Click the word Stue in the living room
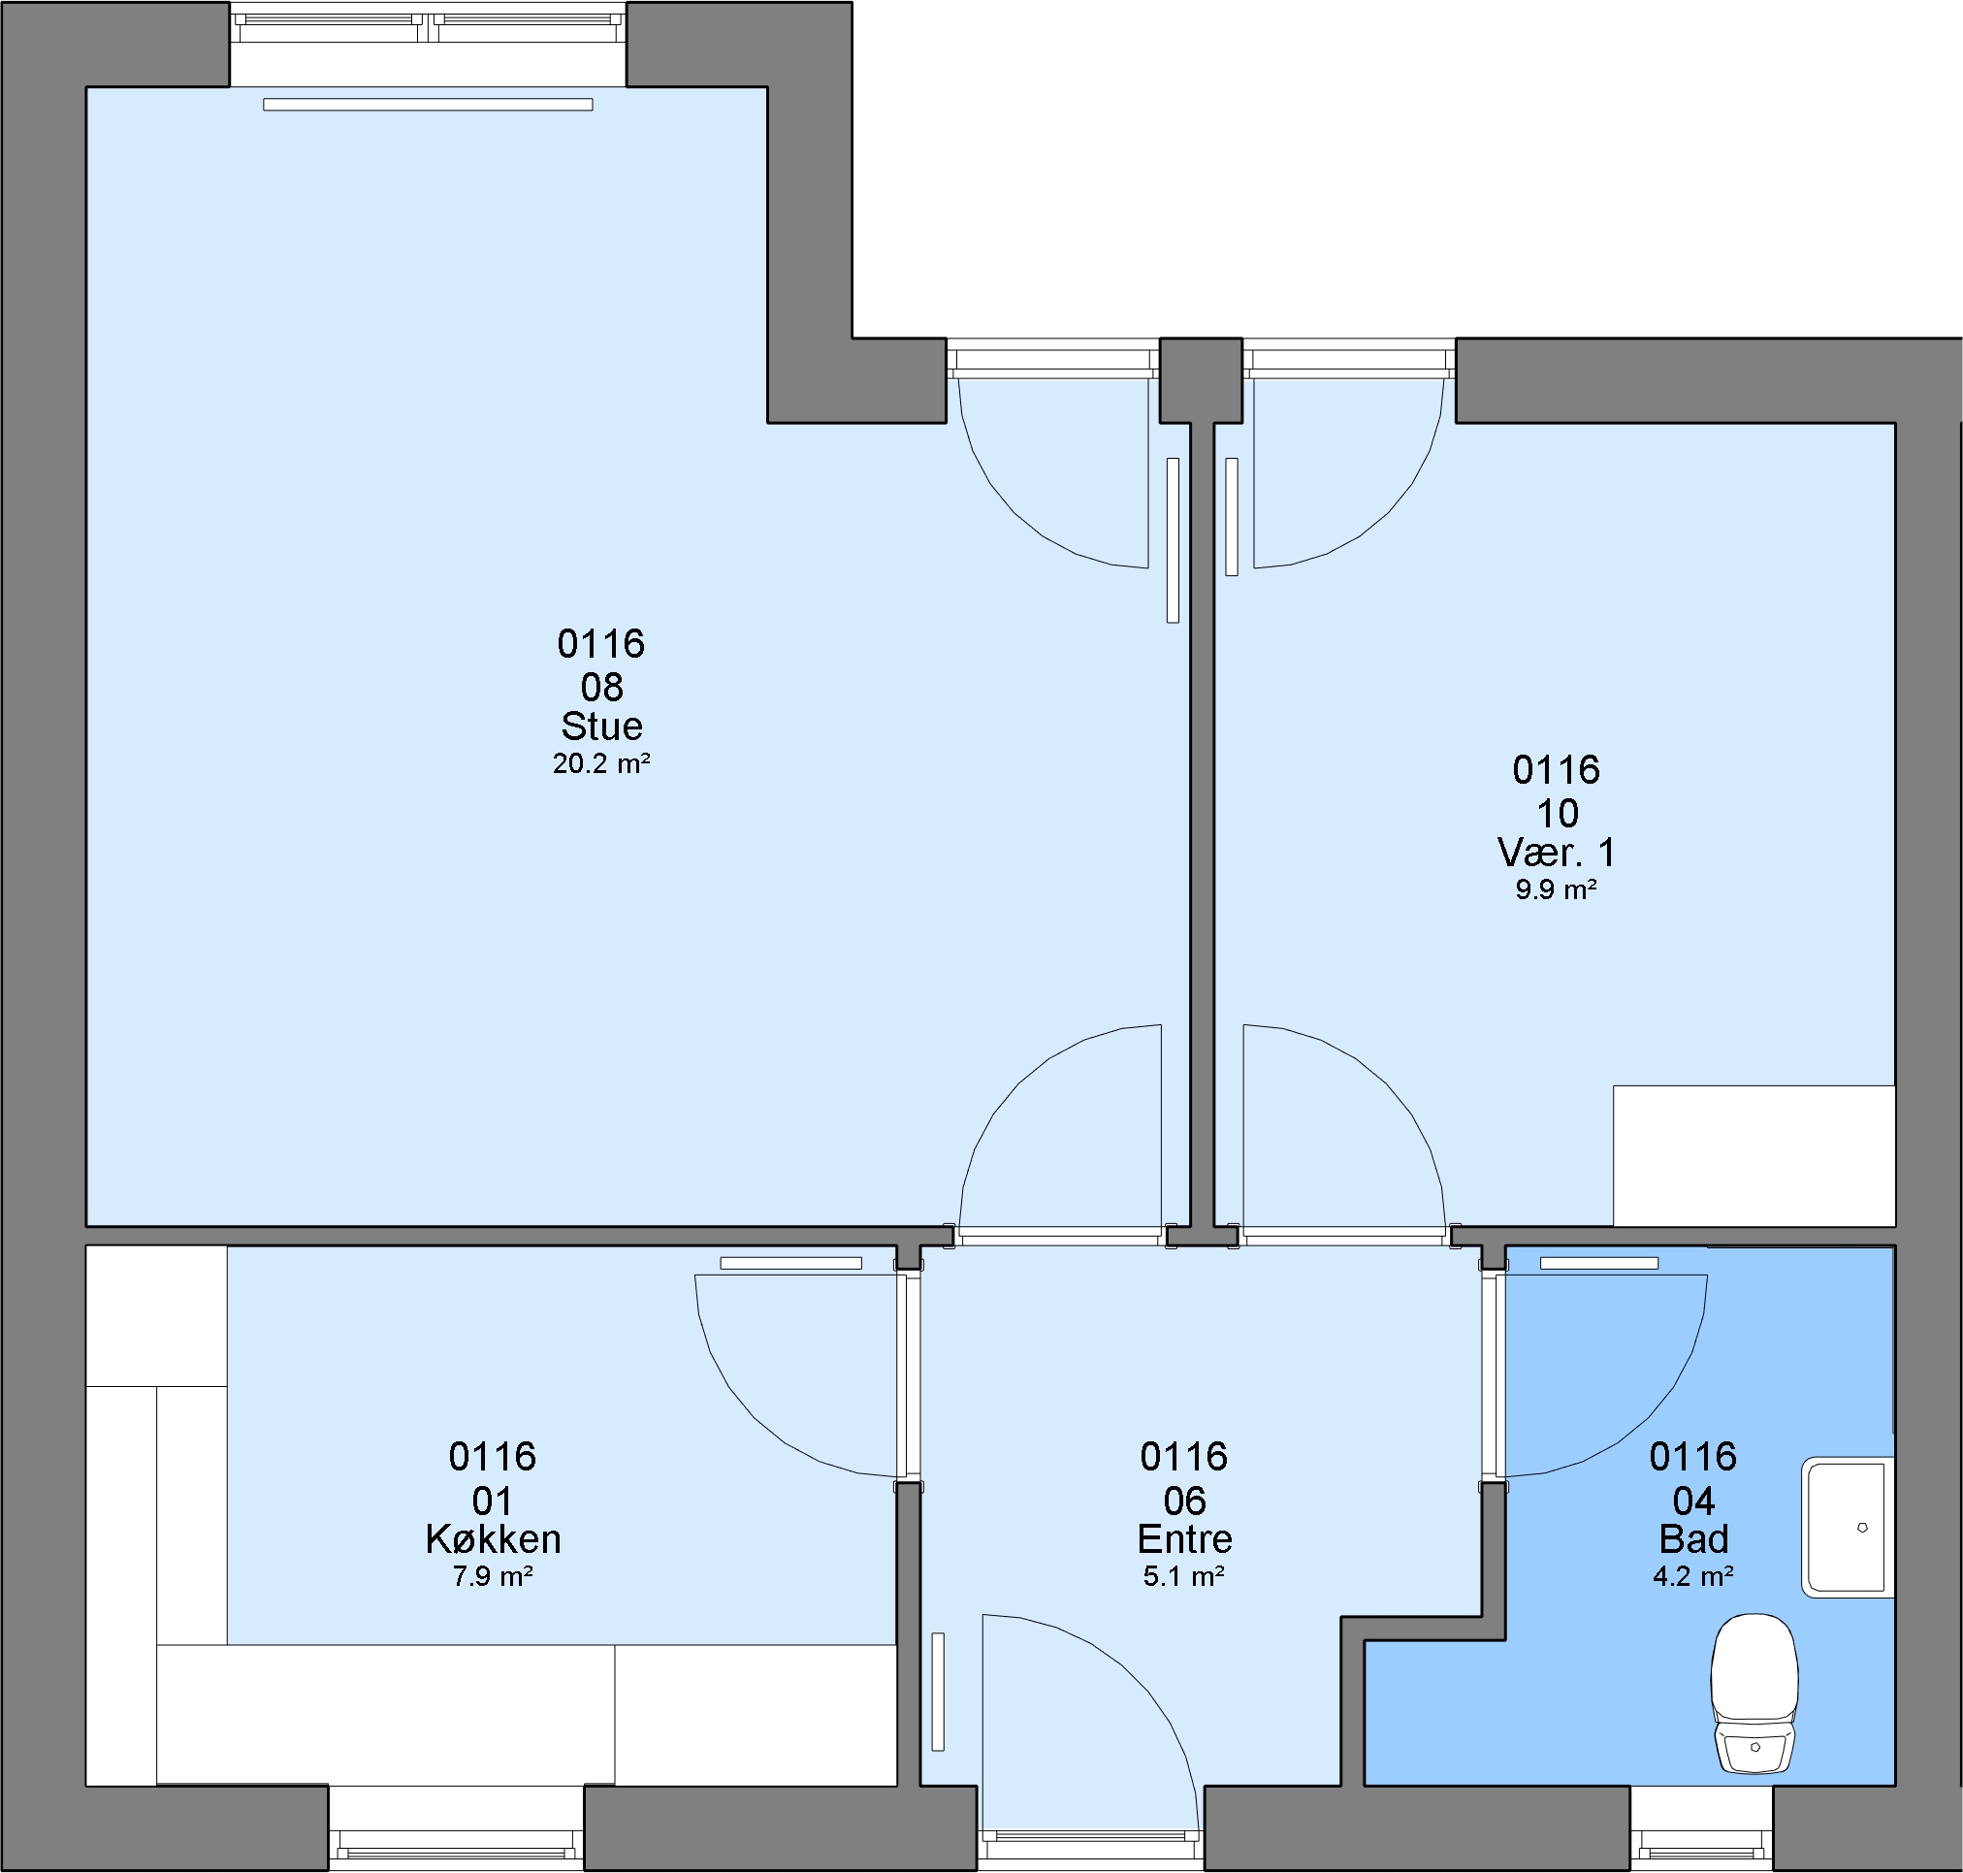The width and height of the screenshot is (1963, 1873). point(601,726)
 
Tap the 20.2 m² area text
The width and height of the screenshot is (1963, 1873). point(601,763)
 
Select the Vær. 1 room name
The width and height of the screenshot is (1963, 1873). point(1556,852)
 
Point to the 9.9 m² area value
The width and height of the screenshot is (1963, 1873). point(1556,889)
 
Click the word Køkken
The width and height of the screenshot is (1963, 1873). point(493,1538)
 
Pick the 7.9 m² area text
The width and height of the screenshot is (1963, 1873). point(493,1576)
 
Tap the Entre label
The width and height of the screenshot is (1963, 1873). point(1184,1538)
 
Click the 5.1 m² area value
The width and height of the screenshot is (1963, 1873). point(1184,1576)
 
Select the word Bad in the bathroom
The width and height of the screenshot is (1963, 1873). point(1693,1538)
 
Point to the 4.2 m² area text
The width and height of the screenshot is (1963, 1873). point(1693,1576)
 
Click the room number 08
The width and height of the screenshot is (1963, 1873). point(601,687)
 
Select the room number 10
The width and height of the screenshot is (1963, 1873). point(1557,814)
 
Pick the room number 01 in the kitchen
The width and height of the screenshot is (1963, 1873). point(493,1501)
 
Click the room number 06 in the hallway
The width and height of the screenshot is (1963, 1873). point(1184,1501)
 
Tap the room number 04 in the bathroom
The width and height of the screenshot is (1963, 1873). point(1693,1501)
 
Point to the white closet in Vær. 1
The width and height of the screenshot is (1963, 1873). point(1754,1155)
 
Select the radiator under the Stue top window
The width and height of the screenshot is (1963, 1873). point(428,105)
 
